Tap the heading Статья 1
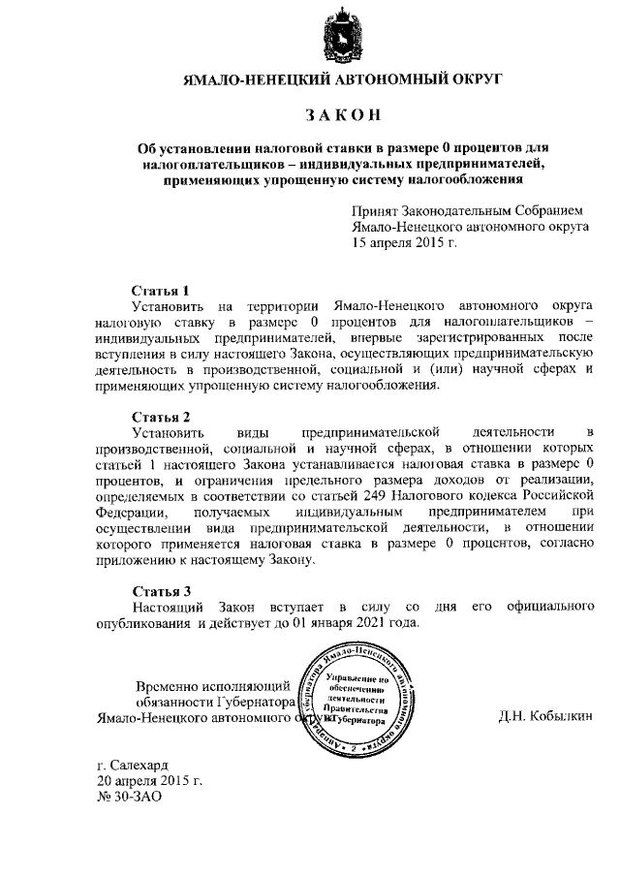coord(160,290)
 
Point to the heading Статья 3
coord(160,590)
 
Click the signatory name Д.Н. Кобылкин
coord(544,718)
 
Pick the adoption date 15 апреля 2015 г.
coord(405,244)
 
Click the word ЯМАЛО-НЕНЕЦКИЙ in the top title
coord(256,78)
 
